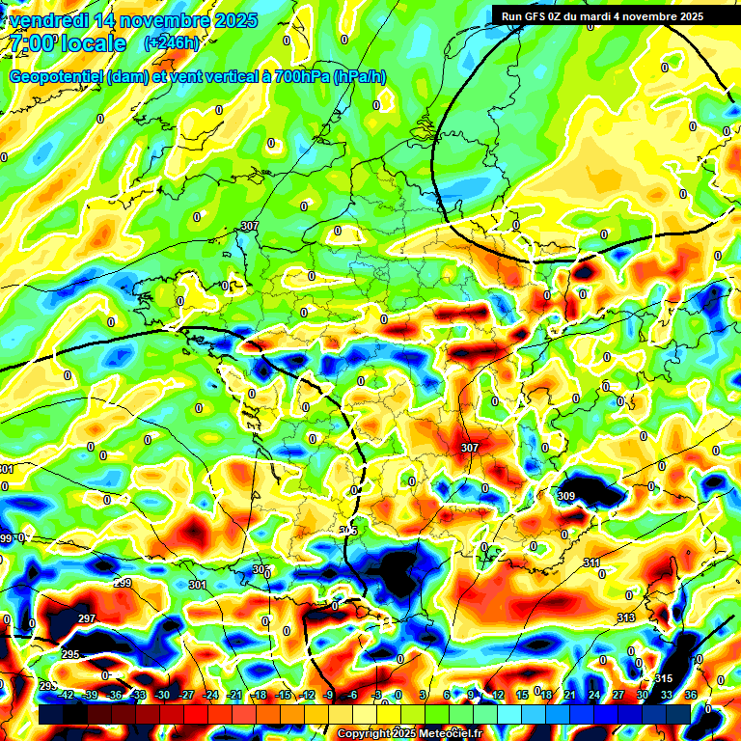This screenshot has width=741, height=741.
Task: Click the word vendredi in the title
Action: [x=47, y=20]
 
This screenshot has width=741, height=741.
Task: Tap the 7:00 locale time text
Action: [x=68, y=43]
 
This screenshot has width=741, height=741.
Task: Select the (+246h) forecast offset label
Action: [x=172, y=43]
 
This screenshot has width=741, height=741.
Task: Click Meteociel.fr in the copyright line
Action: [x=445, y=734]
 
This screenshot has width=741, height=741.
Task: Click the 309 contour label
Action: [x=566, y=496]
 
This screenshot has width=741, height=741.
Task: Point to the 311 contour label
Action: [x=591, y=562]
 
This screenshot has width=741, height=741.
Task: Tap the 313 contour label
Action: [x=626, y=617]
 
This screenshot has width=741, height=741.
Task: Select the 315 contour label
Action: [x=663, y=678]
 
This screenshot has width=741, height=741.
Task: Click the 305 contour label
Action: [x=349, y=531]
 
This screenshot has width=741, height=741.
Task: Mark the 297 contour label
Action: [x=87, y=618]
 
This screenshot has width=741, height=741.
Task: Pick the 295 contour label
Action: [x=70, y=654]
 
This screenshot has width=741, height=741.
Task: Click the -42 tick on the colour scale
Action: [x=66, y=695]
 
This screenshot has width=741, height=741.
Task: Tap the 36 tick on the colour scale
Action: [x=691, y=695]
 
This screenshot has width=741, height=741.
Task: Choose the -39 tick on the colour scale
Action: [x=90, y=695]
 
